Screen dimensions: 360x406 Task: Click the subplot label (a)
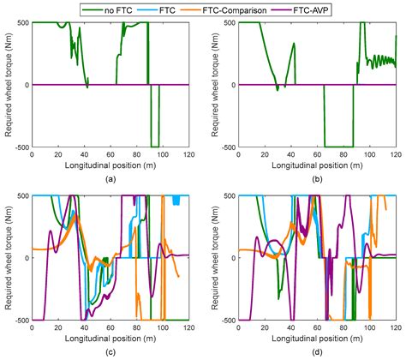click(109, 178)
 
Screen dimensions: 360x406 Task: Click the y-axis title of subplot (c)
click(8, 257)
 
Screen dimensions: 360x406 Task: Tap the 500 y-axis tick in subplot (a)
click(21, 21)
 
